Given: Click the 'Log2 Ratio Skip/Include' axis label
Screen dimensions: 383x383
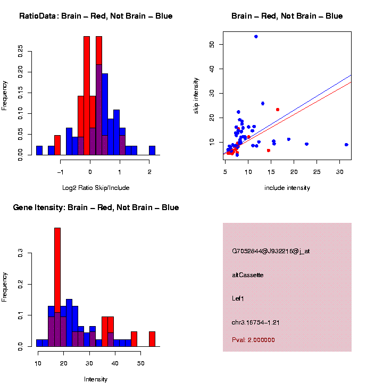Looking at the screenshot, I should (x=96, y=188).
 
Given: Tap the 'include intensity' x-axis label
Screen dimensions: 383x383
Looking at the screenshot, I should (x=287, y=188).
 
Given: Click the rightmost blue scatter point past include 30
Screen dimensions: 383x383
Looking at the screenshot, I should (x=346, y=145).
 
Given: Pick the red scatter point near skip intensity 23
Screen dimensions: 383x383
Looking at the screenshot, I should (x=278, y=110).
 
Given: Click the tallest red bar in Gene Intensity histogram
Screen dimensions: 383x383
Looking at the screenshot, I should (x=57, y=287).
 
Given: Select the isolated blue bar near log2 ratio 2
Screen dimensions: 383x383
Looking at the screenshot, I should (x=152, y=151).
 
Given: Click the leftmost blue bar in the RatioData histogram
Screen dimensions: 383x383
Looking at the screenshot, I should (x=39, y=151).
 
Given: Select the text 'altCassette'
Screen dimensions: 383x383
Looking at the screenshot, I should (x=248, y=275).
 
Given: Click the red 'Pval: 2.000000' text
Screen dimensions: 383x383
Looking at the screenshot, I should (x=254, y=340).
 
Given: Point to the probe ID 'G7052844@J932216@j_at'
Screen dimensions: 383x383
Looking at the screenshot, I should (x=271, y=251).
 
